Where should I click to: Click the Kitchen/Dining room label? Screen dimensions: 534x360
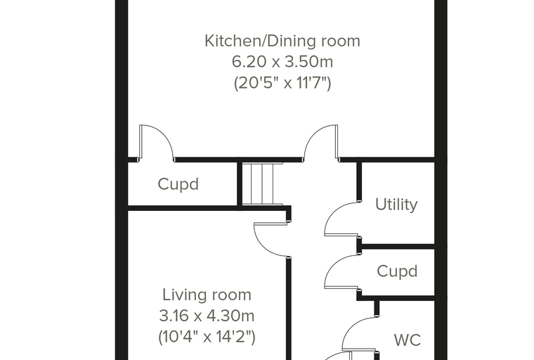(x=282, y=41)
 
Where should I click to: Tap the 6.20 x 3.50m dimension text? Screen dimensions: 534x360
(x=282, y=62)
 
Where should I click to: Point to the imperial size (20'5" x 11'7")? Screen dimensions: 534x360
(x=282, y=83)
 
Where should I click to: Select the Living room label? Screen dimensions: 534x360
(x=207, y=295)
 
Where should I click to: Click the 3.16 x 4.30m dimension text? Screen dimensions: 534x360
(x=207, y=316)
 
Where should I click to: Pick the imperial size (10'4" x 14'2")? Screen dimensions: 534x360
(x=207, y=337)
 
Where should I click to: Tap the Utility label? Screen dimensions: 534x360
(x=396, y=205)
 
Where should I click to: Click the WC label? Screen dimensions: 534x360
(x=408, y=340)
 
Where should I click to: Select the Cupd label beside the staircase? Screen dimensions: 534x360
(x=178, y=184)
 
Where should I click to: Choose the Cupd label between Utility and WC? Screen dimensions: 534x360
(x=397, y=271)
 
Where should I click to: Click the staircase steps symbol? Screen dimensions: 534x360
(x=262, y=184)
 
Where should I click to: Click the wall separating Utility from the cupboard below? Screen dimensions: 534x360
(x=398, y=247)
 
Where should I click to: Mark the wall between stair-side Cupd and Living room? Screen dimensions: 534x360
(x=207, y=208)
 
